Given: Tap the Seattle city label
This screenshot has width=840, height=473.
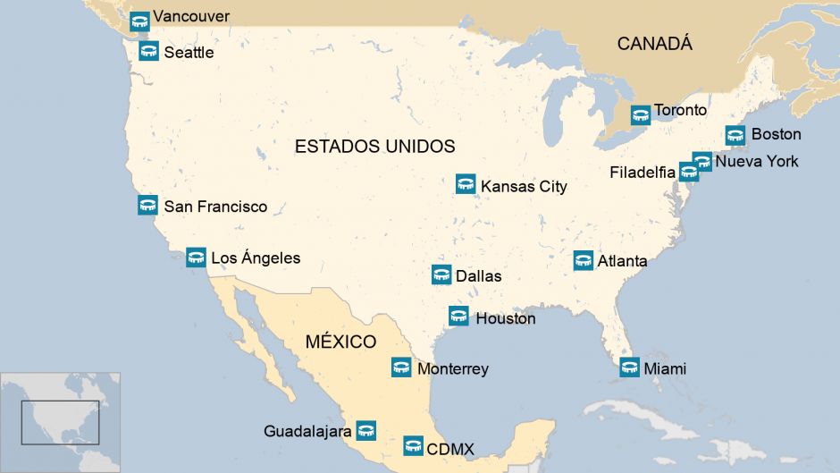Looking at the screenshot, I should [x=189, y=53].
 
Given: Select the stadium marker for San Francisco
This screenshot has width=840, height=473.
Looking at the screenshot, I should [x=147, y=206].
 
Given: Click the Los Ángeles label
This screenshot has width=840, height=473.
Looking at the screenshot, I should [x=256, y=258].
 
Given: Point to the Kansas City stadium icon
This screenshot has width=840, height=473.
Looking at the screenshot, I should [x=466, y=184].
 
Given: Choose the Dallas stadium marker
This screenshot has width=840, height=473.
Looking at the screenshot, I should [x=441, y=275].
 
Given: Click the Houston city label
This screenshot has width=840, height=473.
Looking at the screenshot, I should [x=506, y=318].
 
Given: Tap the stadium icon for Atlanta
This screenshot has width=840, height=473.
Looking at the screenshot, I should [x=584, y=260].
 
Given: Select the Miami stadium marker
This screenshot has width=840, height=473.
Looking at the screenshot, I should [x=630, y=367].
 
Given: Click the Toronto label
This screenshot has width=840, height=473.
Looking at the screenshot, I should [x=680, y=111].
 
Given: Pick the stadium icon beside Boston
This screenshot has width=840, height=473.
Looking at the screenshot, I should [x=735, y=135].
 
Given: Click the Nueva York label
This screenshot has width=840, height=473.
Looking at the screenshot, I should [x=757, y=162].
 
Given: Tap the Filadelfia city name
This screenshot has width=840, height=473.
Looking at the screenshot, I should [x=643, y=173].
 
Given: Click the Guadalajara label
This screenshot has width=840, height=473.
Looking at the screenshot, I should [x=307, y=431].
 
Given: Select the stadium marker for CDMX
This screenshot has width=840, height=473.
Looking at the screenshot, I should [x=413, y=445].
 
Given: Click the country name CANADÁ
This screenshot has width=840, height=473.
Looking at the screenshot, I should [x=654, y=44].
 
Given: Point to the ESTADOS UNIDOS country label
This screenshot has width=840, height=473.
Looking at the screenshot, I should [x=374, y=147].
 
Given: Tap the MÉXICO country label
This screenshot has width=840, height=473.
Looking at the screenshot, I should [x=340, y=342].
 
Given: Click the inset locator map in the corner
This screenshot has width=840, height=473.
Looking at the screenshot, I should [x=61, y=422].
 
